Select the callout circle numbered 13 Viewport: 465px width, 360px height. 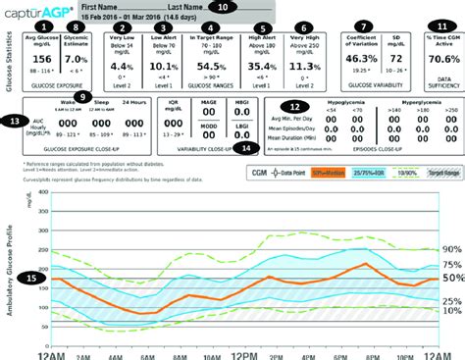click(13, 121)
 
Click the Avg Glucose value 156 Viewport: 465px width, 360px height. click(42, 59)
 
